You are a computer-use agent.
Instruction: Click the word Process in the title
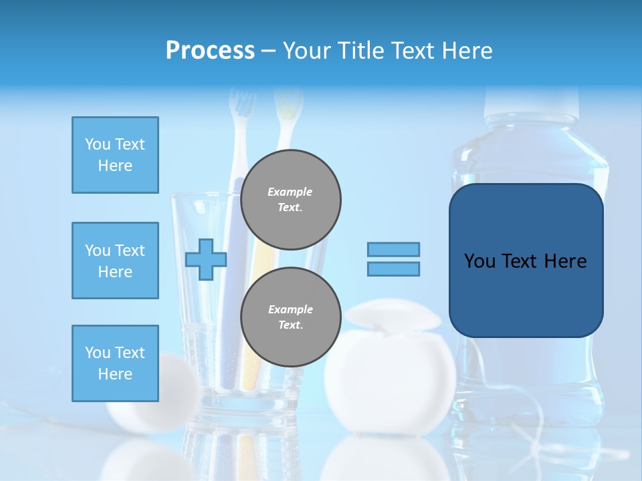(210, 51)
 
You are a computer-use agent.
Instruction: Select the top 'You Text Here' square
(115, 155)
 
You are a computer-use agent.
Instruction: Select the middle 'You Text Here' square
(115, 261)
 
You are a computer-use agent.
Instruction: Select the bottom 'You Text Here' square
(115, 363)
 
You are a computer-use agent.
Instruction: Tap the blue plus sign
(206, 259)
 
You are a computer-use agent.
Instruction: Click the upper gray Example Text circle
(290, 200)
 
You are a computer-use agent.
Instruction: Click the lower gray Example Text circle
(290, 317)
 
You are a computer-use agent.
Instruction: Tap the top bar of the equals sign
(393, 249)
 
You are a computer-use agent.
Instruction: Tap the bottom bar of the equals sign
(393, 269)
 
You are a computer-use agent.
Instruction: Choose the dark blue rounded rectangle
(526, 294)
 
